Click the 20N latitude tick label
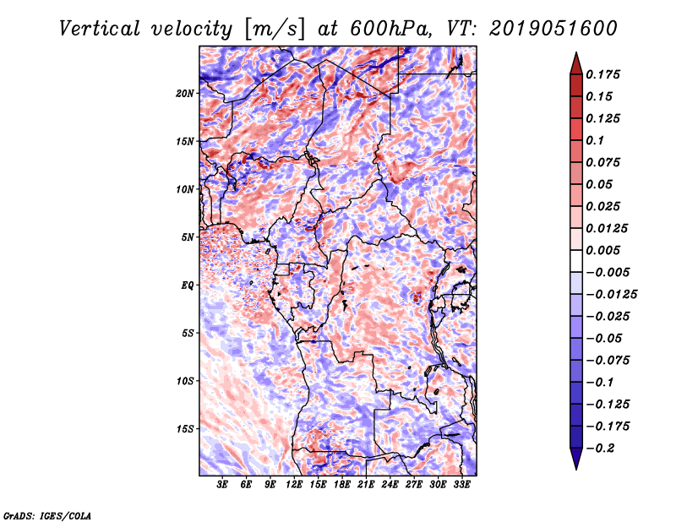(184, 94)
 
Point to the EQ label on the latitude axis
(187, 285)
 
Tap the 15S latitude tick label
(184, 429)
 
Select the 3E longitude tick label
(222, 485)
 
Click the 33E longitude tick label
(461, 485)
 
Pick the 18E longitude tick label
(342, 485)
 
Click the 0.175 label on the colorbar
(602, 74)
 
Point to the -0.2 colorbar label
(600, 449)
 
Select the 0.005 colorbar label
(602, 250)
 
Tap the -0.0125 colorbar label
(611, 295)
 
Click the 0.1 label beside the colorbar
(595, 140)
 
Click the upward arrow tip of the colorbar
(576, 53)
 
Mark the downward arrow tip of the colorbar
(576, 469)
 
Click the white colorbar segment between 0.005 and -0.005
(576, 261)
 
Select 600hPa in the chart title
(390, 29)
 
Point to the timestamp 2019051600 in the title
(553, 29)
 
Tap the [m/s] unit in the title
(274, 30)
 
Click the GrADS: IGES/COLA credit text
(47, 516)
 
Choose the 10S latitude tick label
(184, 381)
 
